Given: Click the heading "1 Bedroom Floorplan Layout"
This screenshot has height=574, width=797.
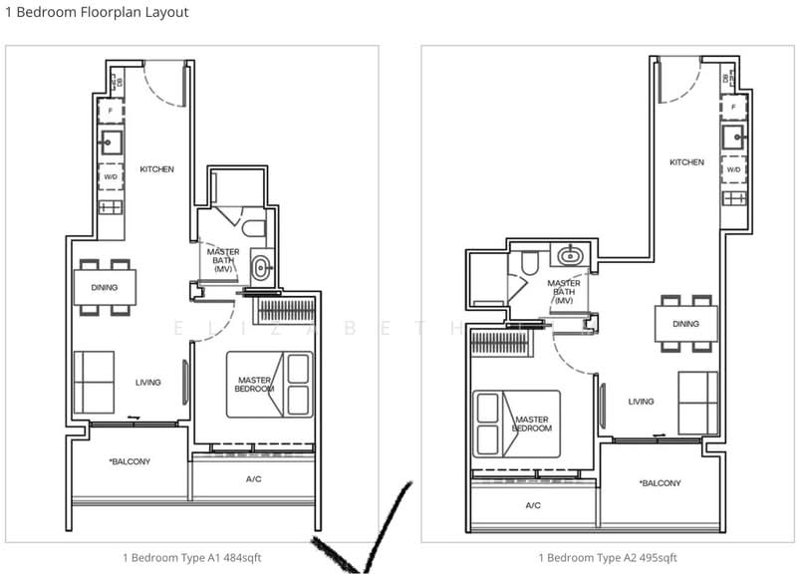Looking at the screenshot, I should coord(97,13).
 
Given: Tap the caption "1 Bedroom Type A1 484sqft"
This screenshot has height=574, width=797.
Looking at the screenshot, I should coord(191,557).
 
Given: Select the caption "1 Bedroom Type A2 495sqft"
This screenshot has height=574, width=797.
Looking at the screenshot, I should coord(608,557).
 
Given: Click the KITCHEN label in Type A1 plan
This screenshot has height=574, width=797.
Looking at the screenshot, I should coord(156,169).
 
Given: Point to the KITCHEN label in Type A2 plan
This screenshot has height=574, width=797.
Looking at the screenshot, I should coord(686,162).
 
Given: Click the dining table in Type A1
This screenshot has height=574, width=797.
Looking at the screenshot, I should coord(105,288).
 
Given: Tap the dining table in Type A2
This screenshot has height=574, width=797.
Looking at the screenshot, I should coord(685,324).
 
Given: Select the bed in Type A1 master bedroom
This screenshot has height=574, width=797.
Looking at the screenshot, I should coord(269,384).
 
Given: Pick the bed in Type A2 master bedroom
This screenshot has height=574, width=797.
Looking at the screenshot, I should coord(516,424).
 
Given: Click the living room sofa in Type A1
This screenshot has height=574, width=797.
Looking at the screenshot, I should coord(94,381).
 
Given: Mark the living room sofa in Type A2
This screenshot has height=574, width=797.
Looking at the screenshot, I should coord(697,402).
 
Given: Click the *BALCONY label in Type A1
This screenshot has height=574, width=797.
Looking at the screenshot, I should coord(130,461).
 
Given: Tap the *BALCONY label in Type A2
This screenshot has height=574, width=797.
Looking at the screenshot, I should coord(660,483).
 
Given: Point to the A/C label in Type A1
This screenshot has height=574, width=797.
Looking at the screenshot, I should coord(253,478).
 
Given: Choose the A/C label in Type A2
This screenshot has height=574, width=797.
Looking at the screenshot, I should coord(533,505).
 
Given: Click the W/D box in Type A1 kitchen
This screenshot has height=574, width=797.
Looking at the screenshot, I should coord(111,177).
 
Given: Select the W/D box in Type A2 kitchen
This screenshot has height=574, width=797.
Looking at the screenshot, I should coord(733,169).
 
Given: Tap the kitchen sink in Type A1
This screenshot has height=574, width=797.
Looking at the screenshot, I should coord(111,142).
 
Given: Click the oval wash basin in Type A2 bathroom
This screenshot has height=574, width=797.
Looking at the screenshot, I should coord(570,255).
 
